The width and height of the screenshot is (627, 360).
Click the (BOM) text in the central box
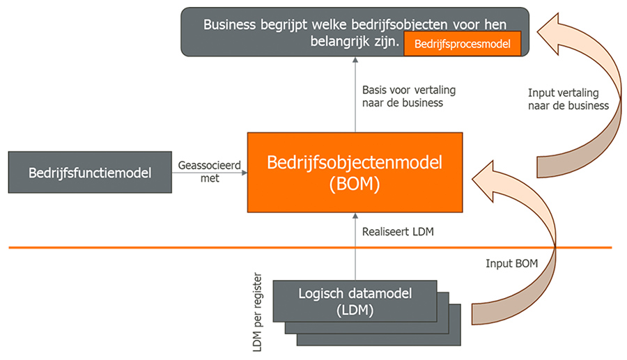coord(355,187)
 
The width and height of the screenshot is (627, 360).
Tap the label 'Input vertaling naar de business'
coord(568,99)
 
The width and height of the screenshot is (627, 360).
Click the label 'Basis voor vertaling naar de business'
coord(403,96)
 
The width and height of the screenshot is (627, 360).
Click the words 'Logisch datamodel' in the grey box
coord(355,293)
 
